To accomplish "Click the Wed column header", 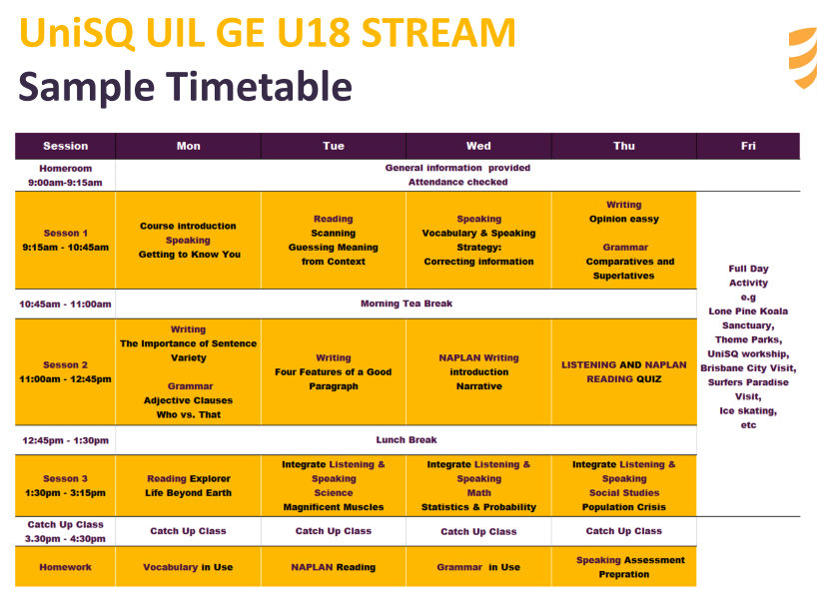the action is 478,146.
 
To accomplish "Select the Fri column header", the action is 748,146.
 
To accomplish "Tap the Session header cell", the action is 65,146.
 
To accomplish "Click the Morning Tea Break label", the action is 407,304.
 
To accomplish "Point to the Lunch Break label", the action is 407,439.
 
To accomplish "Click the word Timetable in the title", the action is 259,87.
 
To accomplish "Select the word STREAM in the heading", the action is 438,32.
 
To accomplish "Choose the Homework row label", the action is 65,567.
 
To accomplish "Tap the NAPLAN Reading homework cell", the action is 334,567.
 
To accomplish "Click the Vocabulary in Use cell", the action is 188,567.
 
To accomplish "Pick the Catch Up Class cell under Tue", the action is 334,531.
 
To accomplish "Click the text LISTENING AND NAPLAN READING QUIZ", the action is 623,372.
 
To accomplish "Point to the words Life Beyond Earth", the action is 188,493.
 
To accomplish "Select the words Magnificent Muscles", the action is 334,507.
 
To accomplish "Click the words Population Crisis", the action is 623,507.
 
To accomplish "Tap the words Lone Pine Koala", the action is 748,311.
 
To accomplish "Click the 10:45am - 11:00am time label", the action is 65,304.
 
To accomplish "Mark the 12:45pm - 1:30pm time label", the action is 65,440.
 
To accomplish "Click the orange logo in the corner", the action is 803,57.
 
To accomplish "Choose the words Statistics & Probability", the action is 478,507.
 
